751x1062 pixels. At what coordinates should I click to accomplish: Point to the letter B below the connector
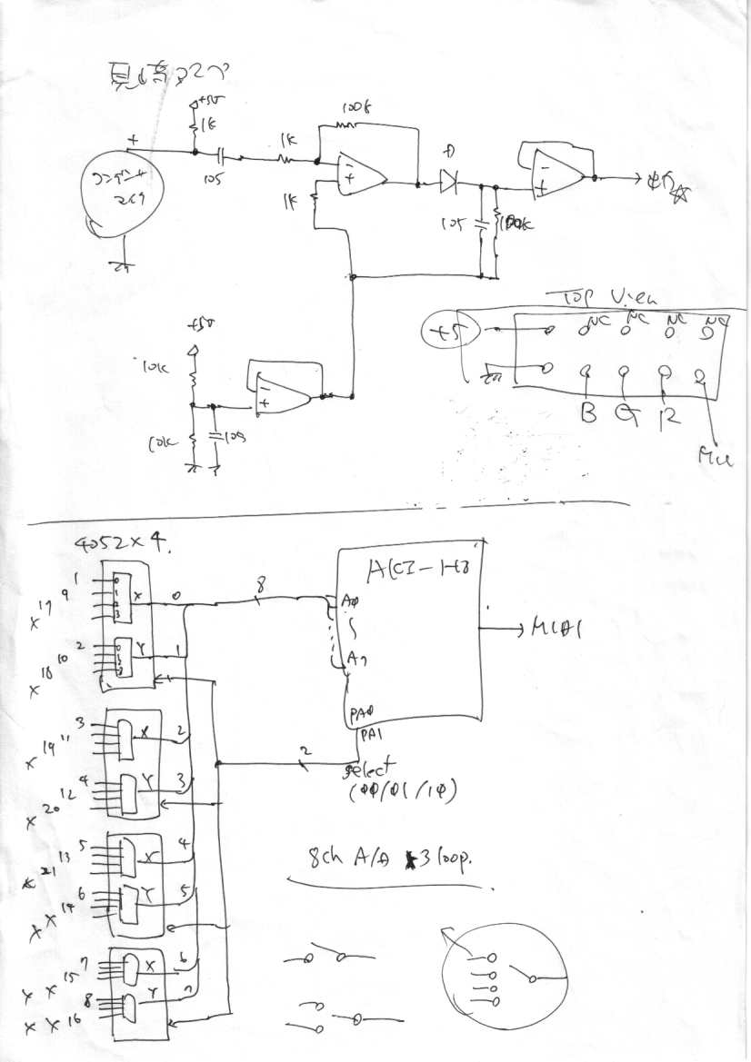click(x=589, y=415)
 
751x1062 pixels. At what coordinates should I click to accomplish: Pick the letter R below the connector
click(x=667, y=417)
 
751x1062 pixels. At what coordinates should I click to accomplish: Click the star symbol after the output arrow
click(x=678, y=193)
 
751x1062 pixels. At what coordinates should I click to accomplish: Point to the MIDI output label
click(x=555, y=630)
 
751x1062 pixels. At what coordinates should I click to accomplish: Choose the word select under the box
click(x=371, y=771)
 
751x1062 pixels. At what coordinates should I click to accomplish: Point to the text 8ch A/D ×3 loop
click(x=395, y=859)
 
